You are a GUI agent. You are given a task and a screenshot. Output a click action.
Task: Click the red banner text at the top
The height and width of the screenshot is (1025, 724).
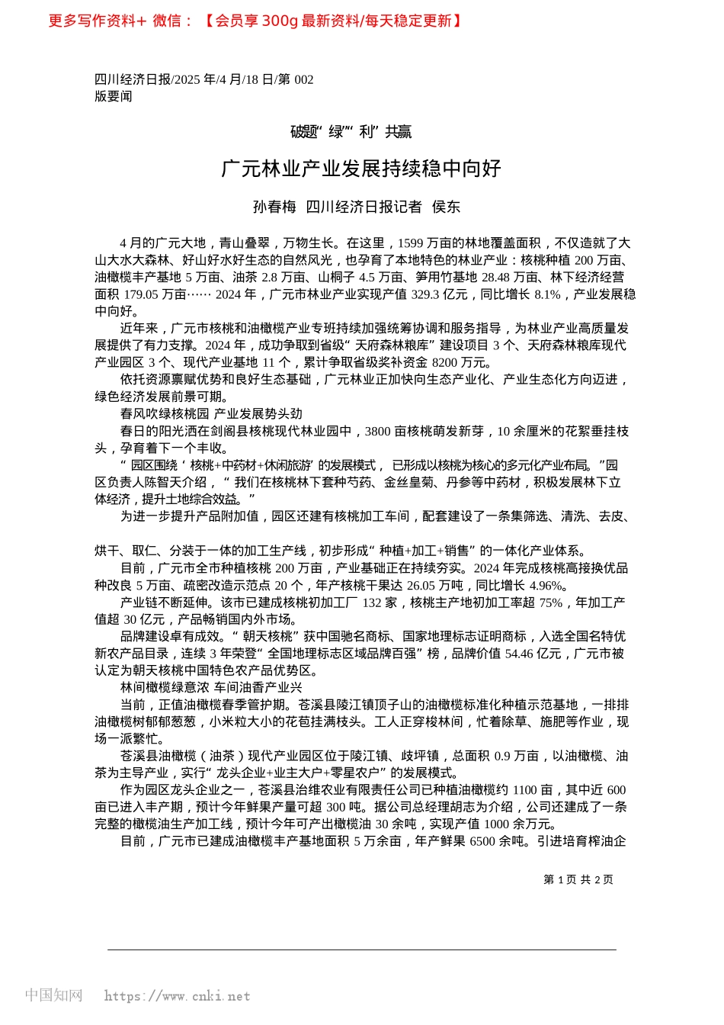point(255,21)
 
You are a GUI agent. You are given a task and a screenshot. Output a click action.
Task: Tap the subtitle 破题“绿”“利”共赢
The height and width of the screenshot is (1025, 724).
point(351,132)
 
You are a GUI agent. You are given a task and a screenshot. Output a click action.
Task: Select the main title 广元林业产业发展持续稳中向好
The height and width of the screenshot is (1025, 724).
point(361,169)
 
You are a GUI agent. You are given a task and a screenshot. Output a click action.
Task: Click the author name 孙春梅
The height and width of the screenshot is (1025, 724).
point(274,207)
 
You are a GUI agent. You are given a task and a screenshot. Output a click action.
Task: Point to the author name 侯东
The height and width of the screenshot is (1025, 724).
point(447,207)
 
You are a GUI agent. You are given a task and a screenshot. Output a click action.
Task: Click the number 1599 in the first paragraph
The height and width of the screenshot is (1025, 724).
point(410,243)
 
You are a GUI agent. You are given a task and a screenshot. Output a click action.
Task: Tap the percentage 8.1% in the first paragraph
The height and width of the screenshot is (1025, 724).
point(548,294)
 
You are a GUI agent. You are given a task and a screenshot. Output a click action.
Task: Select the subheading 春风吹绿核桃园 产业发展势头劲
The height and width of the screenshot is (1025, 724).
point(211,414)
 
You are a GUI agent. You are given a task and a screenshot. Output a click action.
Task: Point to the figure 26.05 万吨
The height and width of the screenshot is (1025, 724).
point(433,585)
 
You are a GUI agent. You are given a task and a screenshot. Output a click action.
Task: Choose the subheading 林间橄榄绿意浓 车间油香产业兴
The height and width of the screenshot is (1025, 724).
point(211,687)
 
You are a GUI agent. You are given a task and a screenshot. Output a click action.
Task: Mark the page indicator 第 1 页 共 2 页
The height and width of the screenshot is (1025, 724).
point(578,879)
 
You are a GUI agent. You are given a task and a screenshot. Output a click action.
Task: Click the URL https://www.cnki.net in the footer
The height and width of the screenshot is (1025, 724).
point(177,996)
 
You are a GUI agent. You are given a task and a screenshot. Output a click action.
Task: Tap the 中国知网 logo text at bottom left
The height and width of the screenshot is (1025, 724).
point(53,995)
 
